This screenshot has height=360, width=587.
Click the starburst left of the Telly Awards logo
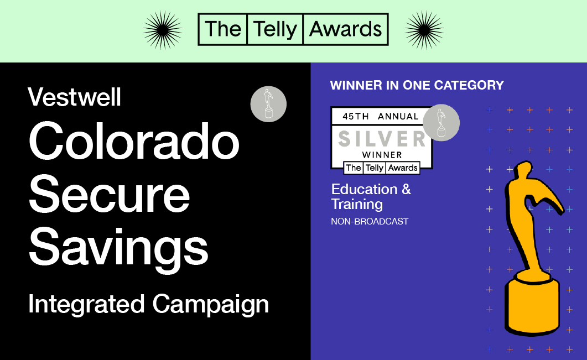pyautogui.click(x=163, y=30)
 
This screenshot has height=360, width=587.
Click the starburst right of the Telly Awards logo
pyautogui.click(x=424, y=30)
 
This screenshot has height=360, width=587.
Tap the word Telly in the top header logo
pyautogui.click(x=275, y=29)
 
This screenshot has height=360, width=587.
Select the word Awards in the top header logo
pyautogui.click(x=346, y=29)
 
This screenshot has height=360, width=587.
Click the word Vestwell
pyautogui.click(x=75, y=97)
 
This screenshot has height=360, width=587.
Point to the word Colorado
pyautogui.click(x=134, y=141)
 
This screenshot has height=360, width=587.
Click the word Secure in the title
pyautogui.click(x=110, y=194)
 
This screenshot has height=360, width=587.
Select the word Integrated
pyautogui.click(x=86, y=304)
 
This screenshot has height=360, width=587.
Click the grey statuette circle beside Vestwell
pyautogui.click(x=268, y=104)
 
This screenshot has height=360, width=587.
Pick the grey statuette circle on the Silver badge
pyautogui.click(x=441, y=123)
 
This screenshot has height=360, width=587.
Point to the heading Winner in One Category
pyautogui.click(x=417, y=85)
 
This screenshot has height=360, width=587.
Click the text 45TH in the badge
pyautogui.click(x=356, y=116)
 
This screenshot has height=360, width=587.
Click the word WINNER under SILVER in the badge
pyautogui.click(x=382, y=155)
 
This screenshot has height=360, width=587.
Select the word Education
pyautogui.click(x=364, y=189)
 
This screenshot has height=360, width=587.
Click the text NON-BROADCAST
pyautogui.click(x=370, y=222)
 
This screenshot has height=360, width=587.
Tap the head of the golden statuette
pyautogui.click(x=521, y=172)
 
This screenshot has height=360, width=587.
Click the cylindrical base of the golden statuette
pyautogui.click(x=532, y=303)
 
